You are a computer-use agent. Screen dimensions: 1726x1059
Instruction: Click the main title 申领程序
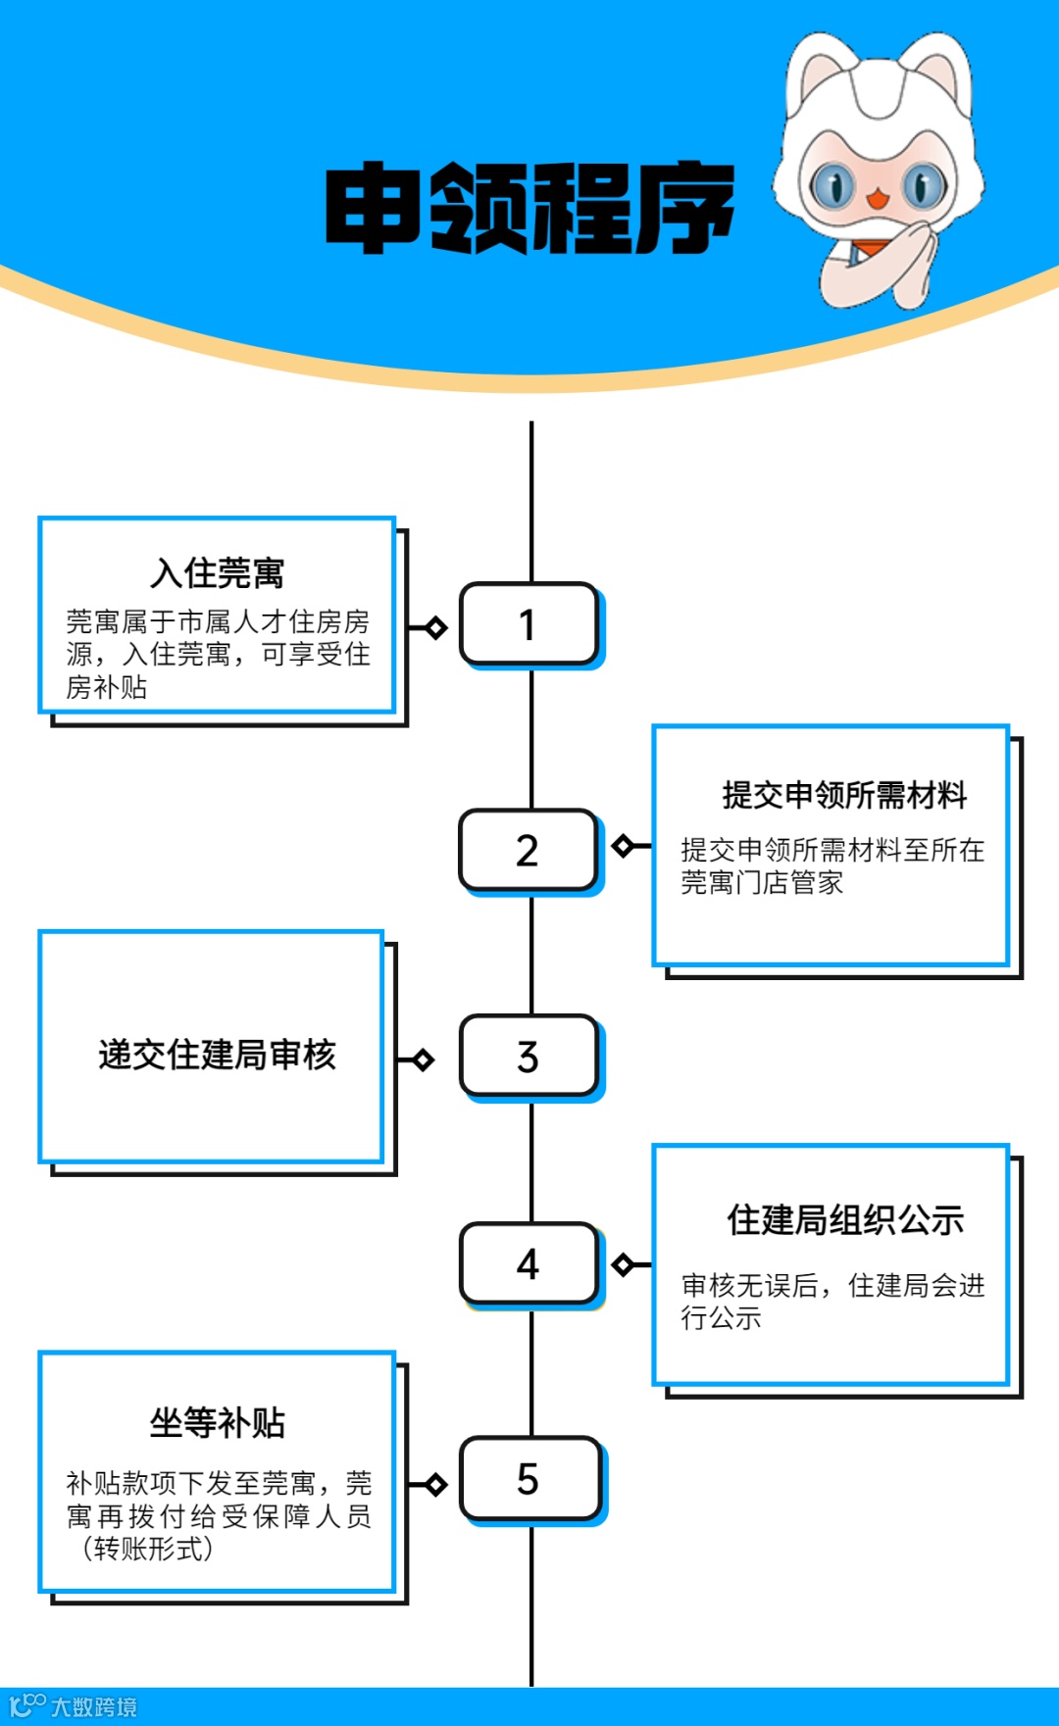tap(529, 208)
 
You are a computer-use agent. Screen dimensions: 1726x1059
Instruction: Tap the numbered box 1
tap(529, 624)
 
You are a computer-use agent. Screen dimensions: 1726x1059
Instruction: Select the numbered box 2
tap(528, 850)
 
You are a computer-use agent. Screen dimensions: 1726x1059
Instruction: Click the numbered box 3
tap(529, 1057)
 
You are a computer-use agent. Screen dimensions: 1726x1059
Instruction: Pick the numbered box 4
tap(529, 1263)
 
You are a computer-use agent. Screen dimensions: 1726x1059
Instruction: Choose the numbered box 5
tap(529, 1479)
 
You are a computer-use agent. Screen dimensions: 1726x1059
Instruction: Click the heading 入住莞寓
tap(218, 572)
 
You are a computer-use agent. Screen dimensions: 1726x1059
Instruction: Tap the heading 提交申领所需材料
tap(844, 795)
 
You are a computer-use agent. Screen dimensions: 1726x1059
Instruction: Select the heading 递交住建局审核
tap(217, 1055)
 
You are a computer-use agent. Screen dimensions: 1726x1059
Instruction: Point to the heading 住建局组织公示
tap(845, 1220)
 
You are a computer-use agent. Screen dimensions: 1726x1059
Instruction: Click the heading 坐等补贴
tap(218, 1422)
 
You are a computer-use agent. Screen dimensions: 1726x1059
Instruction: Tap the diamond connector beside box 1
tap(436, 627)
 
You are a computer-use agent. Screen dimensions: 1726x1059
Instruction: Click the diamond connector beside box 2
tap(623, 845)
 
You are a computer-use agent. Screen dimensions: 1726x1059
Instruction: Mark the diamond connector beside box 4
tap(623, 1264)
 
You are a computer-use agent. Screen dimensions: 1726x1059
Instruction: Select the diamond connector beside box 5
tap(436, 1485)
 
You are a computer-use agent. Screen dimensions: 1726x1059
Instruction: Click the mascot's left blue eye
tap(834, 185)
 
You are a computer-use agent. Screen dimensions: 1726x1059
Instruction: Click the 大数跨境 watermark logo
tap(74, 1706)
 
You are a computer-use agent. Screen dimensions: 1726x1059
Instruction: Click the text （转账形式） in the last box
tap(147, 1550)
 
